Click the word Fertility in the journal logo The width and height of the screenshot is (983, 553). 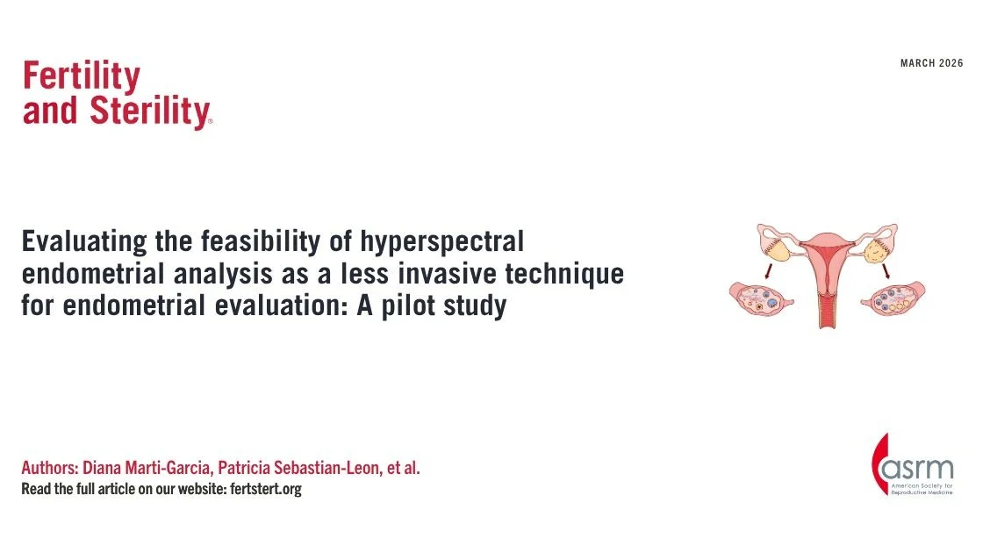click(x=81, y=77)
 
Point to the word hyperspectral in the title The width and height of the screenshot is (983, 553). click(x=449, y=241)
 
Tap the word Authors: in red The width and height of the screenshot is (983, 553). click(x=49, y=467)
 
